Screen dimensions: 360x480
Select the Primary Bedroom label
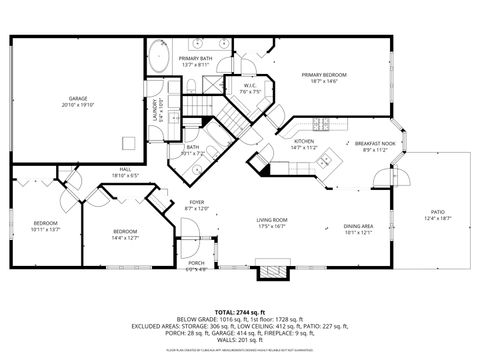[325, 74]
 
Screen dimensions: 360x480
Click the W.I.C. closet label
[251, 86]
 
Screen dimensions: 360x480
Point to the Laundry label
[154, 110]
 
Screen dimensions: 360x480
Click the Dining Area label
[358, 226]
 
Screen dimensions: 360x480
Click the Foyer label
[197, 202]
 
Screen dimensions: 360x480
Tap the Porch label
[196, 264]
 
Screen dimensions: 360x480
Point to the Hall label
[126, 169]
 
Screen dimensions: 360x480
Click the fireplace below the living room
[271, 270]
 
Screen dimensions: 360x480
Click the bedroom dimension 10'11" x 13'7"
[46, 229]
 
